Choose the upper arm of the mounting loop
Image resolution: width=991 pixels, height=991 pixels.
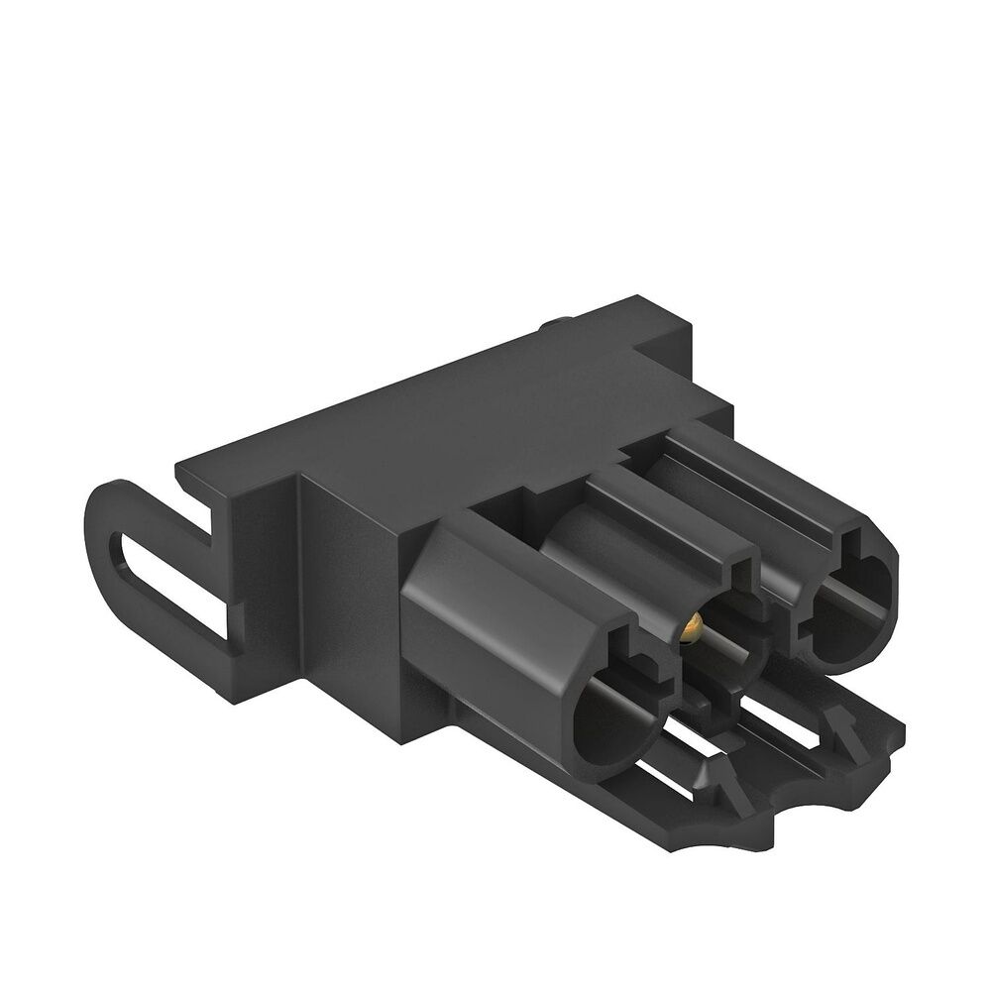click(159, 495)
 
